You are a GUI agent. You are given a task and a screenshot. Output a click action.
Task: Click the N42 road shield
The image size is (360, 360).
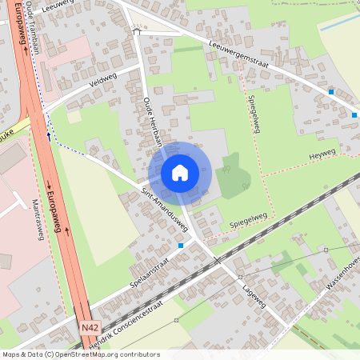90,328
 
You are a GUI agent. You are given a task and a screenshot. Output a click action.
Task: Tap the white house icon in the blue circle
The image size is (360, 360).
180,173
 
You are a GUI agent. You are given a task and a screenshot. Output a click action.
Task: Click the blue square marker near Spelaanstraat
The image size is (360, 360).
181,246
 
